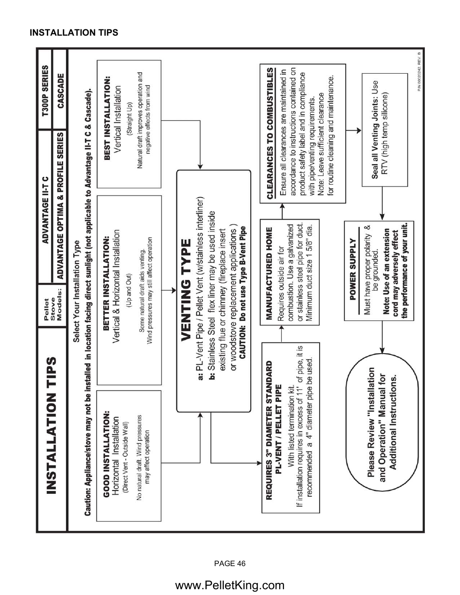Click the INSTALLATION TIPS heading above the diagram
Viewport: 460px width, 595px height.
coord(74,33)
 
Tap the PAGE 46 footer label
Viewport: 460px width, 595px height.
coord(230,563)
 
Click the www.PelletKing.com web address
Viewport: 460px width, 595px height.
coord(230,585)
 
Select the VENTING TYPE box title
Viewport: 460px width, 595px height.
coord(187,291)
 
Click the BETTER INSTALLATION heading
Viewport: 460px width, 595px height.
coord(107,283)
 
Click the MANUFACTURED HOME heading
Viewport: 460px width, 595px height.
coord(269,273)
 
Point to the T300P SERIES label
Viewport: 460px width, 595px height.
coord(46,92)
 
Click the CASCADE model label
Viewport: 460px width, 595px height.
coord(61,92)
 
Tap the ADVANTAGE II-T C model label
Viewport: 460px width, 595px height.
coord(46,210)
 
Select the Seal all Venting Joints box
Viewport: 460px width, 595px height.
coord(385,129)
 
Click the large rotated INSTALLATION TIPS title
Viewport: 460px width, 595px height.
coord(52,425)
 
